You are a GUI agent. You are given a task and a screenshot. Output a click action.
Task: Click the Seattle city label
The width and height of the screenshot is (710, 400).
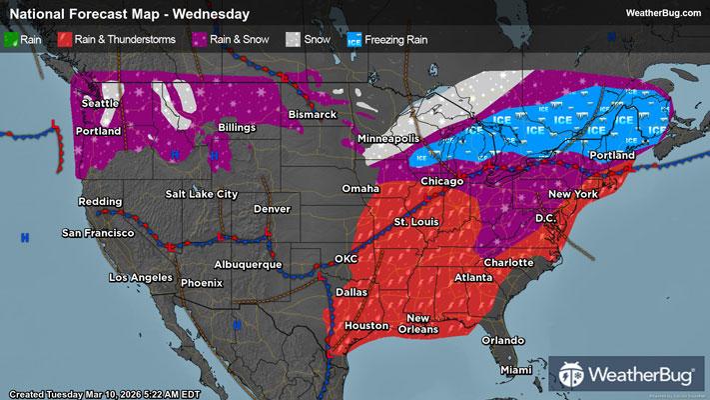coord(98,103)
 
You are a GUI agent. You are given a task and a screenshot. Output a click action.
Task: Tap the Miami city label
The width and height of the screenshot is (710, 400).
coord(517,370)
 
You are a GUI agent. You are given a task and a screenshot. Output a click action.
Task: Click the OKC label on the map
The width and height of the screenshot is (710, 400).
coord(346,258)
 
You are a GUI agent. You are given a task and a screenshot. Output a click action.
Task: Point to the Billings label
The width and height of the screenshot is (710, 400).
coord(229,128)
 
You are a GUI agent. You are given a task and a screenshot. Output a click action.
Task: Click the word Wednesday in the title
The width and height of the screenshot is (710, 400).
coord(215,14)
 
